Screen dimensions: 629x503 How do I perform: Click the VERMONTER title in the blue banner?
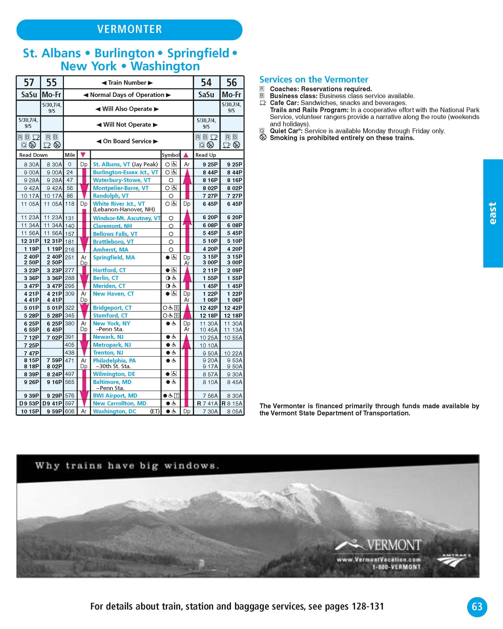tap(130, 29)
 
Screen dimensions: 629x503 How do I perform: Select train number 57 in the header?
tap(29, 83)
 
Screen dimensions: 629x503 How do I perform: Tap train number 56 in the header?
tap(232, 83)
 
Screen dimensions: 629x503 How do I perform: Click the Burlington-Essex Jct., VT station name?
tap(125, 172)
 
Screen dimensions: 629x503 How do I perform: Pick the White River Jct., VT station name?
tap(119, 204)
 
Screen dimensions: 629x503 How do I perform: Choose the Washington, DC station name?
tap(115, 411)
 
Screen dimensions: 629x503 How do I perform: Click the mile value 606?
tap(70, 411)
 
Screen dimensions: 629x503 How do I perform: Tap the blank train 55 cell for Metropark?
tap(52, 345)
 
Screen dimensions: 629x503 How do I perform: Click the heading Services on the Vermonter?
tap(314, 80)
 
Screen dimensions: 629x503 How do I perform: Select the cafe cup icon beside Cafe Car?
tap(263, 103)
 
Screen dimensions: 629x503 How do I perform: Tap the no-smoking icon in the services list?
tap(263, 137)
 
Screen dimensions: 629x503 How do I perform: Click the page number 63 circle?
tap(477, 607)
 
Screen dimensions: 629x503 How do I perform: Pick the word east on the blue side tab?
tap(493, 213)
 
